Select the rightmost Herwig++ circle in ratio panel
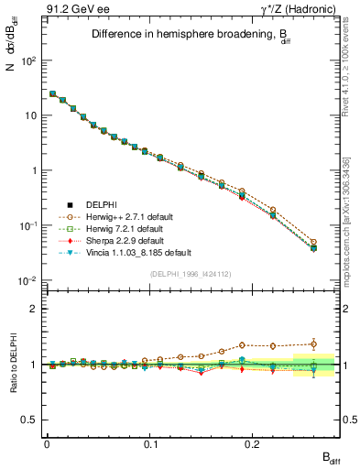pyautogui.click(x=313, y=344)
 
